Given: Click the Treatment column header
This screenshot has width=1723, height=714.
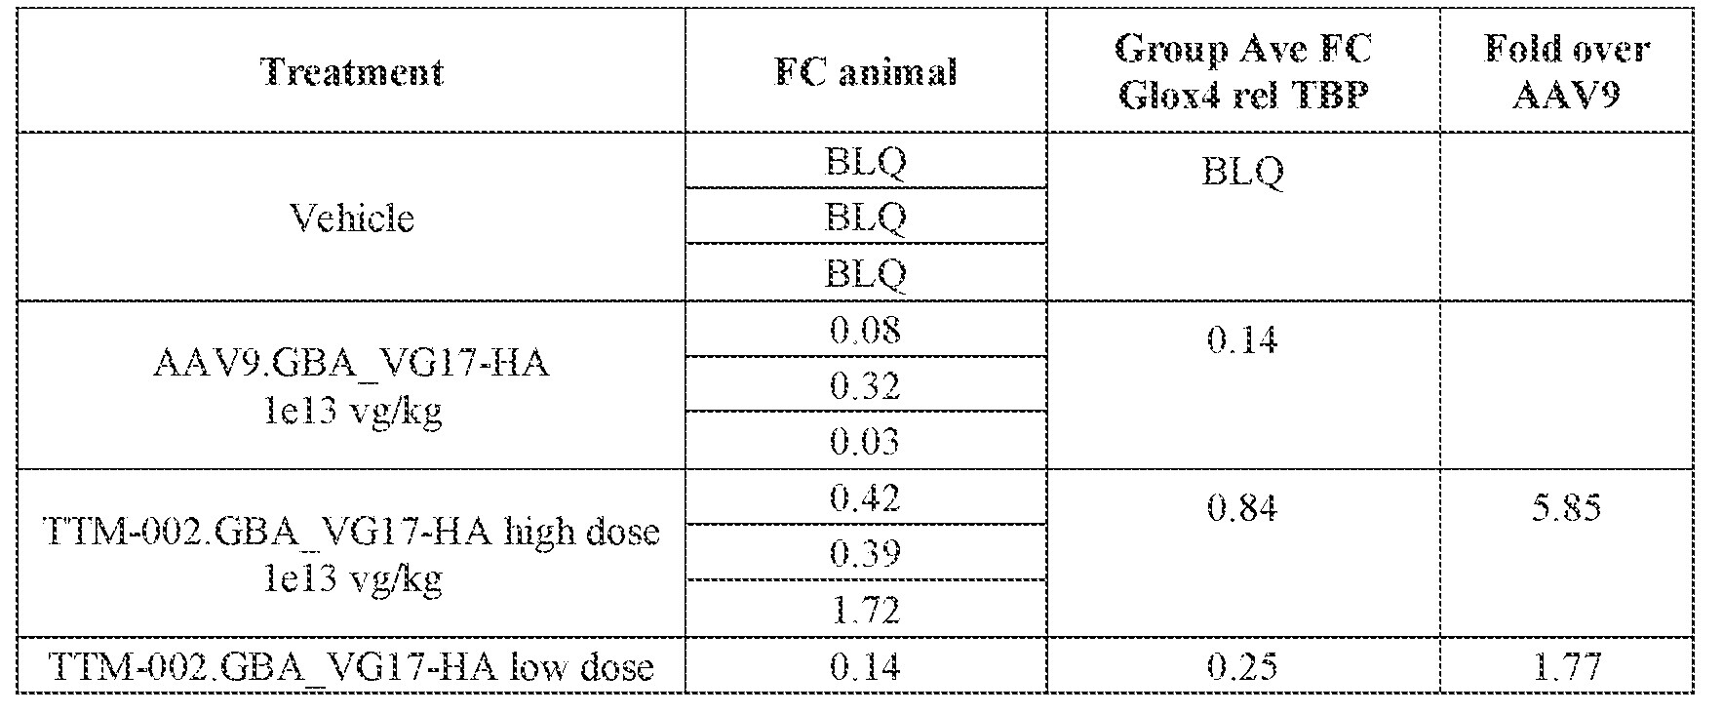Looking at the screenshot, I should (352, 72).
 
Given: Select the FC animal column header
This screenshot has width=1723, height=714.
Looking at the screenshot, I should (865, 72).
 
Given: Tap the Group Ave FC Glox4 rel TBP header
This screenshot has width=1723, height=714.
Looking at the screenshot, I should (1242, 72).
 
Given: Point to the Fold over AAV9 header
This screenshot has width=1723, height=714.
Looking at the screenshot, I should (1566, 72).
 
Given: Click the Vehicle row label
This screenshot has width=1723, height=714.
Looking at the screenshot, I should (352, 217).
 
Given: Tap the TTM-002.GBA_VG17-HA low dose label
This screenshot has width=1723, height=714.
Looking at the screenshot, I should (352, 666).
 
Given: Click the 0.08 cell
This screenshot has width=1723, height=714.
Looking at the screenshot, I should (865, 330).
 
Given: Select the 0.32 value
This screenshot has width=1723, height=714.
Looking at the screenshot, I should (865, 385).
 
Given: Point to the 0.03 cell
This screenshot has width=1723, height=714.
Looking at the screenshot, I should (865, 441).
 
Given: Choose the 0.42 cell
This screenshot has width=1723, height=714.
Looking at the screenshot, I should (865, 497).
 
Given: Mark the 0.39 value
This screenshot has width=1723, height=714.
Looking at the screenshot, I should (865, 553).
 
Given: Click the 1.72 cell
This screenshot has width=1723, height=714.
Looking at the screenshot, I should (865, 610).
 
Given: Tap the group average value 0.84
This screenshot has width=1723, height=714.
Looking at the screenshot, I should (1242, 507).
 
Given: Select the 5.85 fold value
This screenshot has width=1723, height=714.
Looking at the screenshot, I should (1566, 507).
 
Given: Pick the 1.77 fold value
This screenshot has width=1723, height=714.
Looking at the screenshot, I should (1566, 666).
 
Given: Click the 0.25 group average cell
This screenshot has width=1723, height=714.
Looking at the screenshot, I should (1242, 666).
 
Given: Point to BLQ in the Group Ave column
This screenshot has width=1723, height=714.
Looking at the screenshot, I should (1242, 172).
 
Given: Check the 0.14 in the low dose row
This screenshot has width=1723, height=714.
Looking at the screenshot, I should (865, 666).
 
